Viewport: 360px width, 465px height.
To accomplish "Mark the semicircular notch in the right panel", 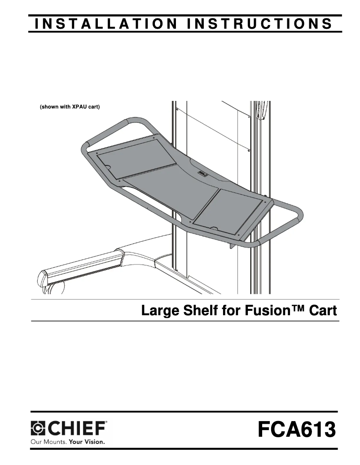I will click(x=215, y=229).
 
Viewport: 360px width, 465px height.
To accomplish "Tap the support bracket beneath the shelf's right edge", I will click(x=234, y=245).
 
